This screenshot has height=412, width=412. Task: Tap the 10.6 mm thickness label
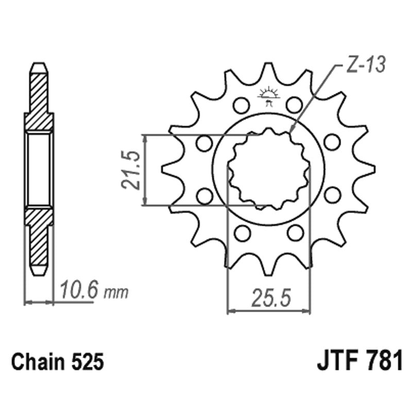click(93, 292)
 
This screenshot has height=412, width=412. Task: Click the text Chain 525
click(58, 363)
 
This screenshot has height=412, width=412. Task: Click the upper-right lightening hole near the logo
click(294, 105)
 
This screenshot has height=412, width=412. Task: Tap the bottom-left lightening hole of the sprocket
click(241, 233)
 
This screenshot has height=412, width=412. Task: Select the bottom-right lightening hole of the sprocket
click(295, 233)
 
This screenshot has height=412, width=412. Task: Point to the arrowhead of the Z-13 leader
click(291, 132)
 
